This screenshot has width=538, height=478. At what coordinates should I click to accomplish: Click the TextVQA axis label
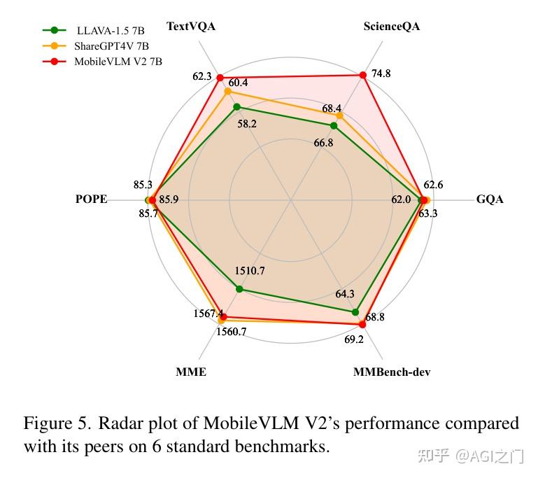click(x=191, y=27)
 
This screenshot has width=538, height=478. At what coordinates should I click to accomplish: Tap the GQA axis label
click(x=490, y=199)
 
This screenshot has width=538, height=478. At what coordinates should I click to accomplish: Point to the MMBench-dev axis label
click(x=392, y=372)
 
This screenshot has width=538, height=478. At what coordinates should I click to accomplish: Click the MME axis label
click(x=191, y=372)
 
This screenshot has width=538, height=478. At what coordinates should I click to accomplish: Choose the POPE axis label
click(x=91, y=199)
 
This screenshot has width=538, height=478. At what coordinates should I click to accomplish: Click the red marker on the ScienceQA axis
click(x=362, y=75)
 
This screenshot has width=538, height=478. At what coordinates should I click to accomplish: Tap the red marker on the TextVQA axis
click(x=220, y=77)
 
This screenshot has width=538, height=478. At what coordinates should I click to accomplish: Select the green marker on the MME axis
click(x=239, y=288)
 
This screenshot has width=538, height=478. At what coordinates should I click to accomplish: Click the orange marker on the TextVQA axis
click(x=227, y=91)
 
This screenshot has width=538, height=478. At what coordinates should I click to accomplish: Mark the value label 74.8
click(x=381, y=74)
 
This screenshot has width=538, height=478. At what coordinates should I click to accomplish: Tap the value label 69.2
click(x=353, y=340)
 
